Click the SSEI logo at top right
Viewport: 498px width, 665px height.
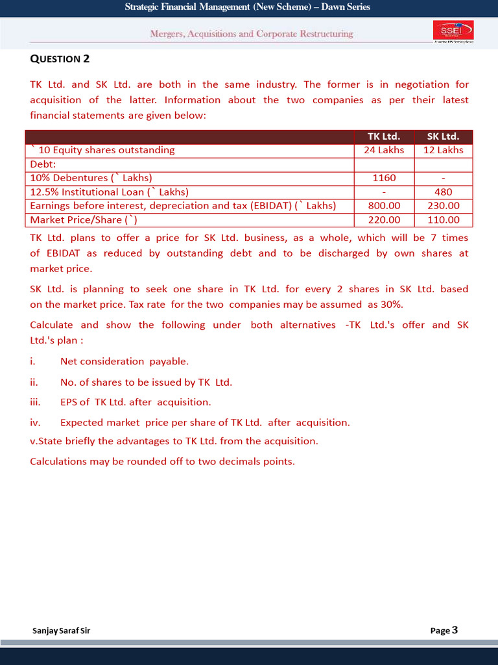click(453, 31)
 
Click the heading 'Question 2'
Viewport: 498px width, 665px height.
click(60, 59)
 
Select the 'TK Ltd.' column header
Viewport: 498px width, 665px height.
click(384, 136)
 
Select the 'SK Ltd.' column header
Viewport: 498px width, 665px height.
click(444, 136)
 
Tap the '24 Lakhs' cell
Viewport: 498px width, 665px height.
click(384, 150)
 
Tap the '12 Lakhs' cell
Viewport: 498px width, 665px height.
click(444, 150)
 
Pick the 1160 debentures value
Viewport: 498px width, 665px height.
click(384, 178)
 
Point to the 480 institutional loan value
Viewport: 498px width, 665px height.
click(444, 192)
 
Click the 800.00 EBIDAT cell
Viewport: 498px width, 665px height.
click(384, 206)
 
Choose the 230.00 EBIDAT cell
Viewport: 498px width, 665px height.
click(444, 206)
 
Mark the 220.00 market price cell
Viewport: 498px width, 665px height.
click(384, 220)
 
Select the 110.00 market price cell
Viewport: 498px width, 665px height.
click(444, 220)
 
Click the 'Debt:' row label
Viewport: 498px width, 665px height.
click(44, 164)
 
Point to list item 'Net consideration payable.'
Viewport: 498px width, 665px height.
click(124, 361)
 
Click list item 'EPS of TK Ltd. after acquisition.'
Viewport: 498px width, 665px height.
click(136, 402)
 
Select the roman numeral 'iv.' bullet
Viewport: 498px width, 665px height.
click(36, 422)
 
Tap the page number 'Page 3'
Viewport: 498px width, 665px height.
click(444, 630)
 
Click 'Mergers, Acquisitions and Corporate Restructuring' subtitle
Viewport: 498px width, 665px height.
click(252, 34)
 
